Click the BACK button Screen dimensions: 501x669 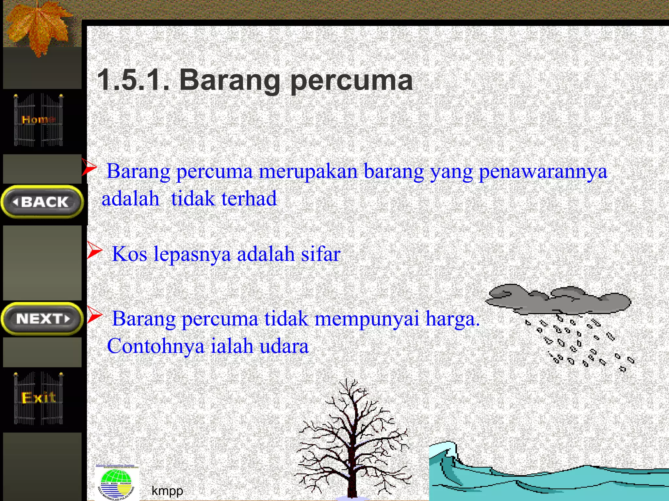click(x=42, y=202)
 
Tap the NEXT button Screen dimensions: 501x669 click(x=42, y=319)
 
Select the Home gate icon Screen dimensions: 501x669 click(x=39, y=120)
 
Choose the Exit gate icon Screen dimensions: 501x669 click(x=39, y=398)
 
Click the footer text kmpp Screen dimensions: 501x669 click(x=167, y=491)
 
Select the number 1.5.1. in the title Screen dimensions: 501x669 click(x=133, y=80)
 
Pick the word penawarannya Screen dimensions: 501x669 click(x=543, y=171)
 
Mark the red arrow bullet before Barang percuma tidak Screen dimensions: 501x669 click(x=94, y=315)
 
